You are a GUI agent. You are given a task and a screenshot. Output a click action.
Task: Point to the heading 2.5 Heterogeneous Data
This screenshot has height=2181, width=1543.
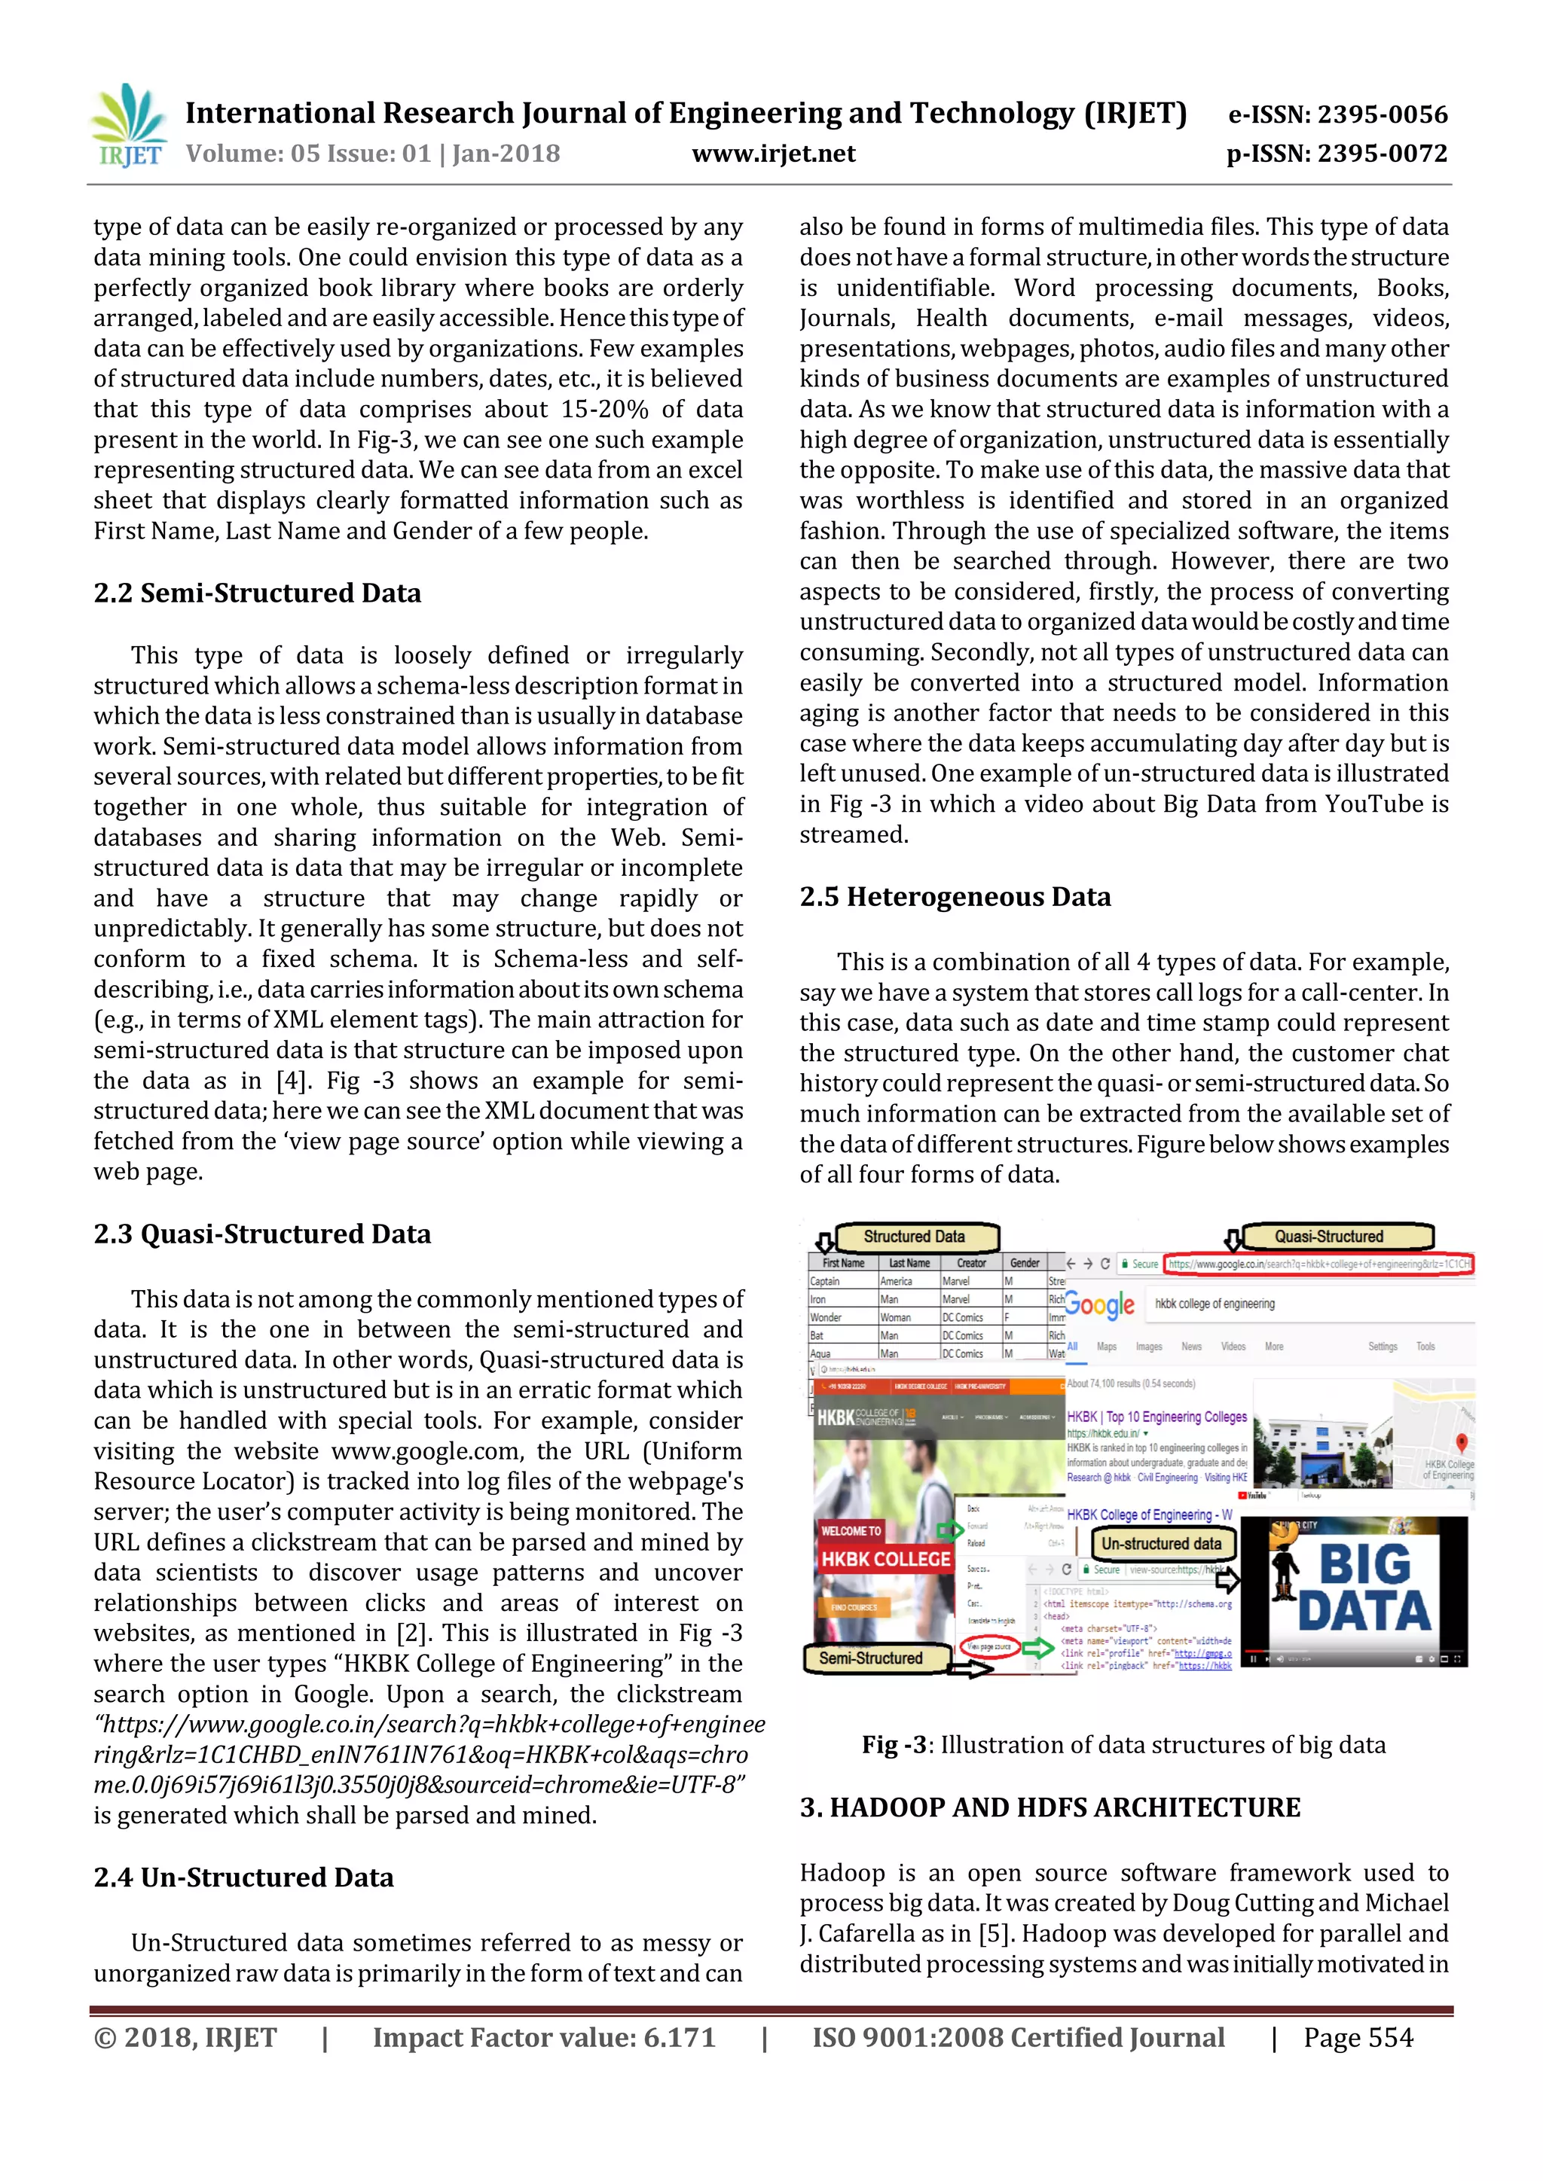pyautogui.click(x=954, y=897)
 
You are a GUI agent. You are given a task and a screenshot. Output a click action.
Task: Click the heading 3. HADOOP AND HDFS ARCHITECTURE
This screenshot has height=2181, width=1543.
pyautogui.click(x=1049, y=1807)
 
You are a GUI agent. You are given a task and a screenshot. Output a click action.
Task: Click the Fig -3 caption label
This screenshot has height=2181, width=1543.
pyautogui.click(x=893, y=1745)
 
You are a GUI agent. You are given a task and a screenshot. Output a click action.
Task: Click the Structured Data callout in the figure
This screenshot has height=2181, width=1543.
pyautogui.click(x=914, y=1237)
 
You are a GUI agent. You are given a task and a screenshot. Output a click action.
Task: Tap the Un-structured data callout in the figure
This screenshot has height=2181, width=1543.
pyautogui.click(x=1161, y=1544)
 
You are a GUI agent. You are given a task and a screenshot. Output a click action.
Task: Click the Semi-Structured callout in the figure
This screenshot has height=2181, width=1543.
pyautogui.click(x=871, y=1658)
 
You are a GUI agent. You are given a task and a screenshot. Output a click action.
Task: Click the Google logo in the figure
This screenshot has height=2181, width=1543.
pyautogui.click(x=1099, y=1305)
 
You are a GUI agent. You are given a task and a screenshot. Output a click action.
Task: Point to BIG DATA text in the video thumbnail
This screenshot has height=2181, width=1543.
pyautogui.click(x=1364, y=1588)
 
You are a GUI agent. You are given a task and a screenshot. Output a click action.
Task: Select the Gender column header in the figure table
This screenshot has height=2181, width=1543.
pyautogui.click(x=1024, y=1264)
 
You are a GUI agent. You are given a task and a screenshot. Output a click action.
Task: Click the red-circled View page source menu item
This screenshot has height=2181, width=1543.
pyautogui.click(x=989, y=1647)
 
